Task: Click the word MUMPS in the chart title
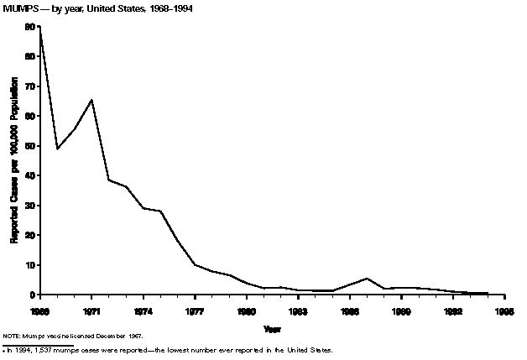[21, 8]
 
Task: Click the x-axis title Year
[272, 327]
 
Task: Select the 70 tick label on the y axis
[30, 86]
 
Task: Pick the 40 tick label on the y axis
[30, 175]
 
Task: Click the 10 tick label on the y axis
[30, 265]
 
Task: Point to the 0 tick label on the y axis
[33, 295]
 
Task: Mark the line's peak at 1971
[91, 100]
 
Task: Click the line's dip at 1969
[56, 149]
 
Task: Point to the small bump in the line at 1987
[367, 278]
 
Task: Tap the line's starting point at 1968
[39, 29]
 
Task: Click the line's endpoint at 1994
[488, 294]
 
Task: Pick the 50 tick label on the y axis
[30, 146]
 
